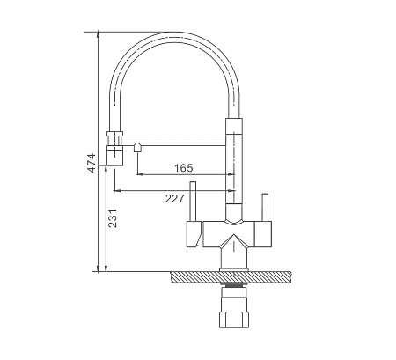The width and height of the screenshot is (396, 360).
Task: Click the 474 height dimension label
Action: point(92,163)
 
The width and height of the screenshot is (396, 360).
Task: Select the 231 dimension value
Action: point(113,218)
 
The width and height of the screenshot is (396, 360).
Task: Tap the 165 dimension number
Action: point(184,168)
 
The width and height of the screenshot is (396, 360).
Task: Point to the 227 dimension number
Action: point(174,199)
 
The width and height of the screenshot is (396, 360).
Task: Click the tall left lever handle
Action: point(193,202)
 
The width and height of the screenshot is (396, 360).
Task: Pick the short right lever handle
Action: point(265,208)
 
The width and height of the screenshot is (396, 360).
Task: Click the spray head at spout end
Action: point(114,156)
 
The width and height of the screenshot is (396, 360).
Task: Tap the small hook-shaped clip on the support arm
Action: point(137,147)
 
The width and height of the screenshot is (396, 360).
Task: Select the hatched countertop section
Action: point(231,277)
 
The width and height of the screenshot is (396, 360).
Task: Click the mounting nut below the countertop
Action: point(234,307)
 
